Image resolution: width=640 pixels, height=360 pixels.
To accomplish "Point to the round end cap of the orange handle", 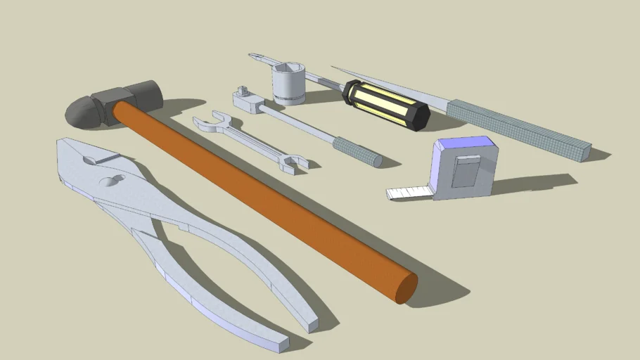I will pos(406,287).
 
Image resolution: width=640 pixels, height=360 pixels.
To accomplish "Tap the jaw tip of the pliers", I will pos(68,148).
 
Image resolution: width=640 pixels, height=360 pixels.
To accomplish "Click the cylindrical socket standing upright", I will pos(288,84).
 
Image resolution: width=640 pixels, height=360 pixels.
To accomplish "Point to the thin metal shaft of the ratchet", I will pos(295,122).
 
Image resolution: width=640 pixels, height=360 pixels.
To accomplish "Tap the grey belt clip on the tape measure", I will pos(465,171).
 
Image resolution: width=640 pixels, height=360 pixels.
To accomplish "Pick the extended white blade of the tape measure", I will pos(408,191).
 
